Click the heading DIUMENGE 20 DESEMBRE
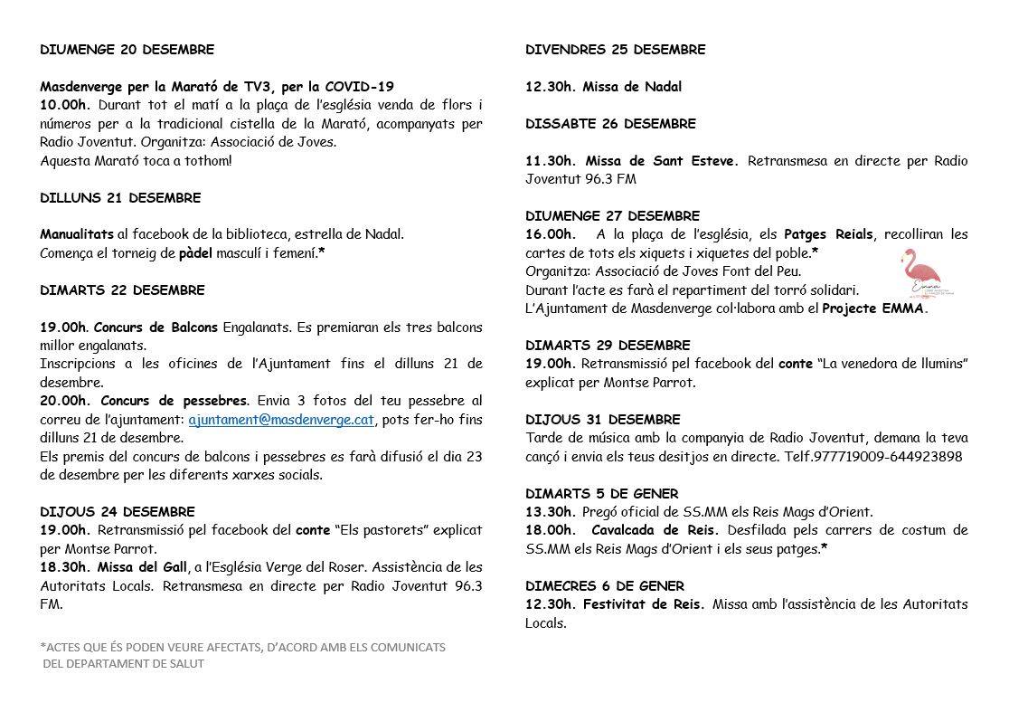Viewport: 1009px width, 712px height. coord(127,50)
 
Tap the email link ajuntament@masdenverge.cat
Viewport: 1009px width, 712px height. coord(281,420)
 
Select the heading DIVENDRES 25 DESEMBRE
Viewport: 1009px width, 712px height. coord(616,50)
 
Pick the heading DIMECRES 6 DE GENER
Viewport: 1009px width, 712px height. coord(605,585)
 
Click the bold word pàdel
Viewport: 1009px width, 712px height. coord(193,253)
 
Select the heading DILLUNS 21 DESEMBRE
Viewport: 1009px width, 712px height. coord(120,197)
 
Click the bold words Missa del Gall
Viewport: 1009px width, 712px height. coord(145,567)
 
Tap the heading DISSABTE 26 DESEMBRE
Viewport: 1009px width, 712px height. coord(610,123)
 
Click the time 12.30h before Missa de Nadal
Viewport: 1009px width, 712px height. coord(550,87)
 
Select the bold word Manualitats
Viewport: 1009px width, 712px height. coord(77,234)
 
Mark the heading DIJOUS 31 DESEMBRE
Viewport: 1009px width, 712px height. coord(603,420)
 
